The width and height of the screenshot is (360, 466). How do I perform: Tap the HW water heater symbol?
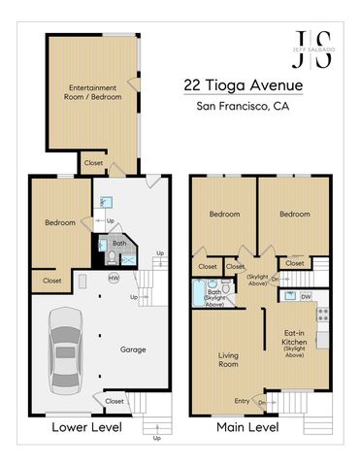tap(114, 278)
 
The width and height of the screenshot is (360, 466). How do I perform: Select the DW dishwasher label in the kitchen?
tap(306, 296)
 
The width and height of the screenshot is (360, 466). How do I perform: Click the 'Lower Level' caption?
tap(65, 426)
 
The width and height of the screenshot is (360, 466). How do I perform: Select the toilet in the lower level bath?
tap(113, 256)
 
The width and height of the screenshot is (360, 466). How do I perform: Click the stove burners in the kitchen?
tap(324, 314)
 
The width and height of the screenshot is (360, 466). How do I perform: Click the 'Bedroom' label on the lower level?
tap(59, 222)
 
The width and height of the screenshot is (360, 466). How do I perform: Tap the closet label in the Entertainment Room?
tap(93, 163)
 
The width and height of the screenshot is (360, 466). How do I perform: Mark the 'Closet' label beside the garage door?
tap(115, 400)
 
